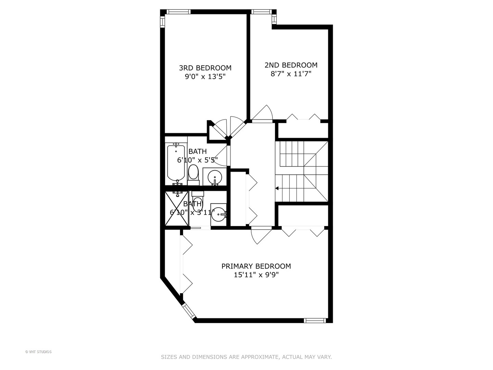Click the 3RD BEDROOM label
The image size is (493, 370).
click(x=205, y=68)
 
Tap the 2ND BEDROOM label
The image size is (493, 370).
click(x=291, y=65)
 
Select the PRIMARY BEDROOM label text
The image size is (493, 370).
click(x=256, y=266)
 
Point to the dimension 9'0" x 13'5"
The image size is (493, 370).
click(x=205, y=77)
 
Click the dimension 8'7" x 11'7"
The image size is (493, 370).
click(x=291, y=74)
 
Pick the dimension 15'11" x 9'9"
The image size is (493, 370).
click(x=256, y=275)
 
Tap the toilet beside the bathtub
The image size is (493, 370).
click(x=193, y=173)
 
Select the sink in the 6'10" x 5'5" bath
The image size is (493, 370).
click(x=215, y=176)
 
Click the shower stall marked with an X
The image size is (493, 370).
click(x=177, y=208)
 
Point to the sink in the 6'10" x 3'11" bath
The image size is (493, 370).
click(x=218, y=214)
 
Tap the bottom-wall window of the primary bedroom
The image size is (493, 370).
click(x=314, y=321)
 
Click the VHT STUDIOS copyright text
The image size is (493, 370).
click(x=38, y=352)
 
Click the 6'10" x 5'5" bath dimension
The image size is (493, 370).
click(x=197, y=160)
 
